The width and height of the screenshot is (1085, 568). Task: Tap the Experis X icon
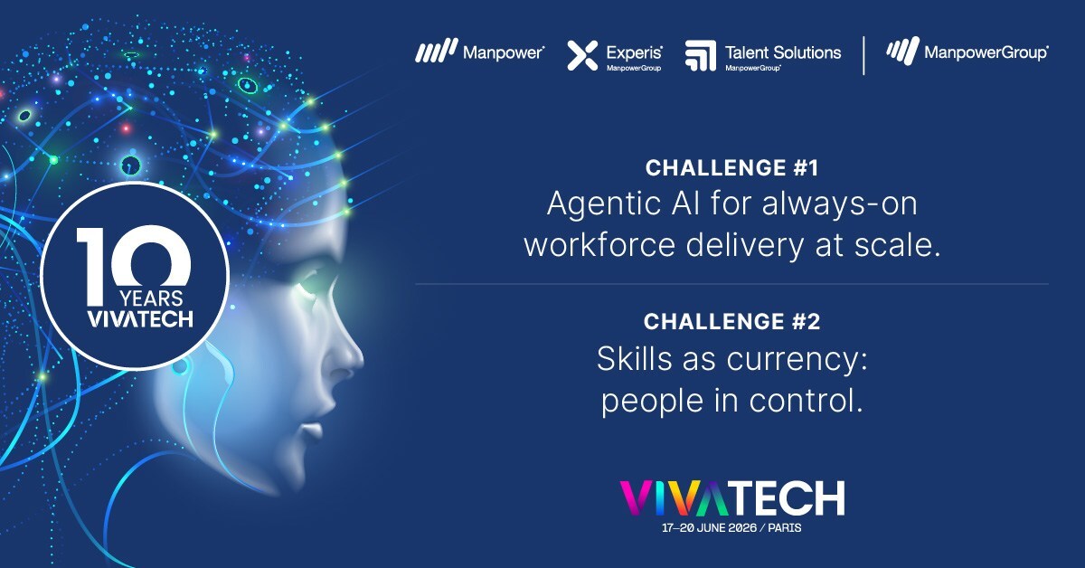coord(582,55)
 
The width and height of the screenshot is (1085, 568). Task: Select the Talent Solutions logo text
coord(782,52)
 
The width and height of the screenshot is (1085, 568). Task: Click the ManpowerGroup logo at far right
coord(986,52)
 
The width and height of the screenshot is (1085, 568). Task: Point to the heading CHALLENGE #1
coord(732,167)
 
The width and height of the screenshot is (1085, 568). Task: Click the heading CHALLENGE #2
coord(732,321)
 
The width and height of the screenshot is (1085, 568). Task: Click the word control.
coord(810,401)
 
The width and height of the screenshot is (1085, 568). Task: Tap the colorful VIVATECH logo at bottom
coord(732,497)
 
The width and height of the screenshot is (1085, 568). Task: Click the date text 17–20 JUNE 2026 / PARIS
coord(732,527)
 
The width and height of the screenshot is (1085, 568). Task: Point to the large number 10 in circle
coord(133,258)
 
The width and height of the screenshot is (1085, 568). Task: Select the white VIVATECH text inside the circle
coord(133,319)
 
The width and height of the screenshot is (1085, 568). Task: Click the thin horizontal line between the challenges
coord(732,284)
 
